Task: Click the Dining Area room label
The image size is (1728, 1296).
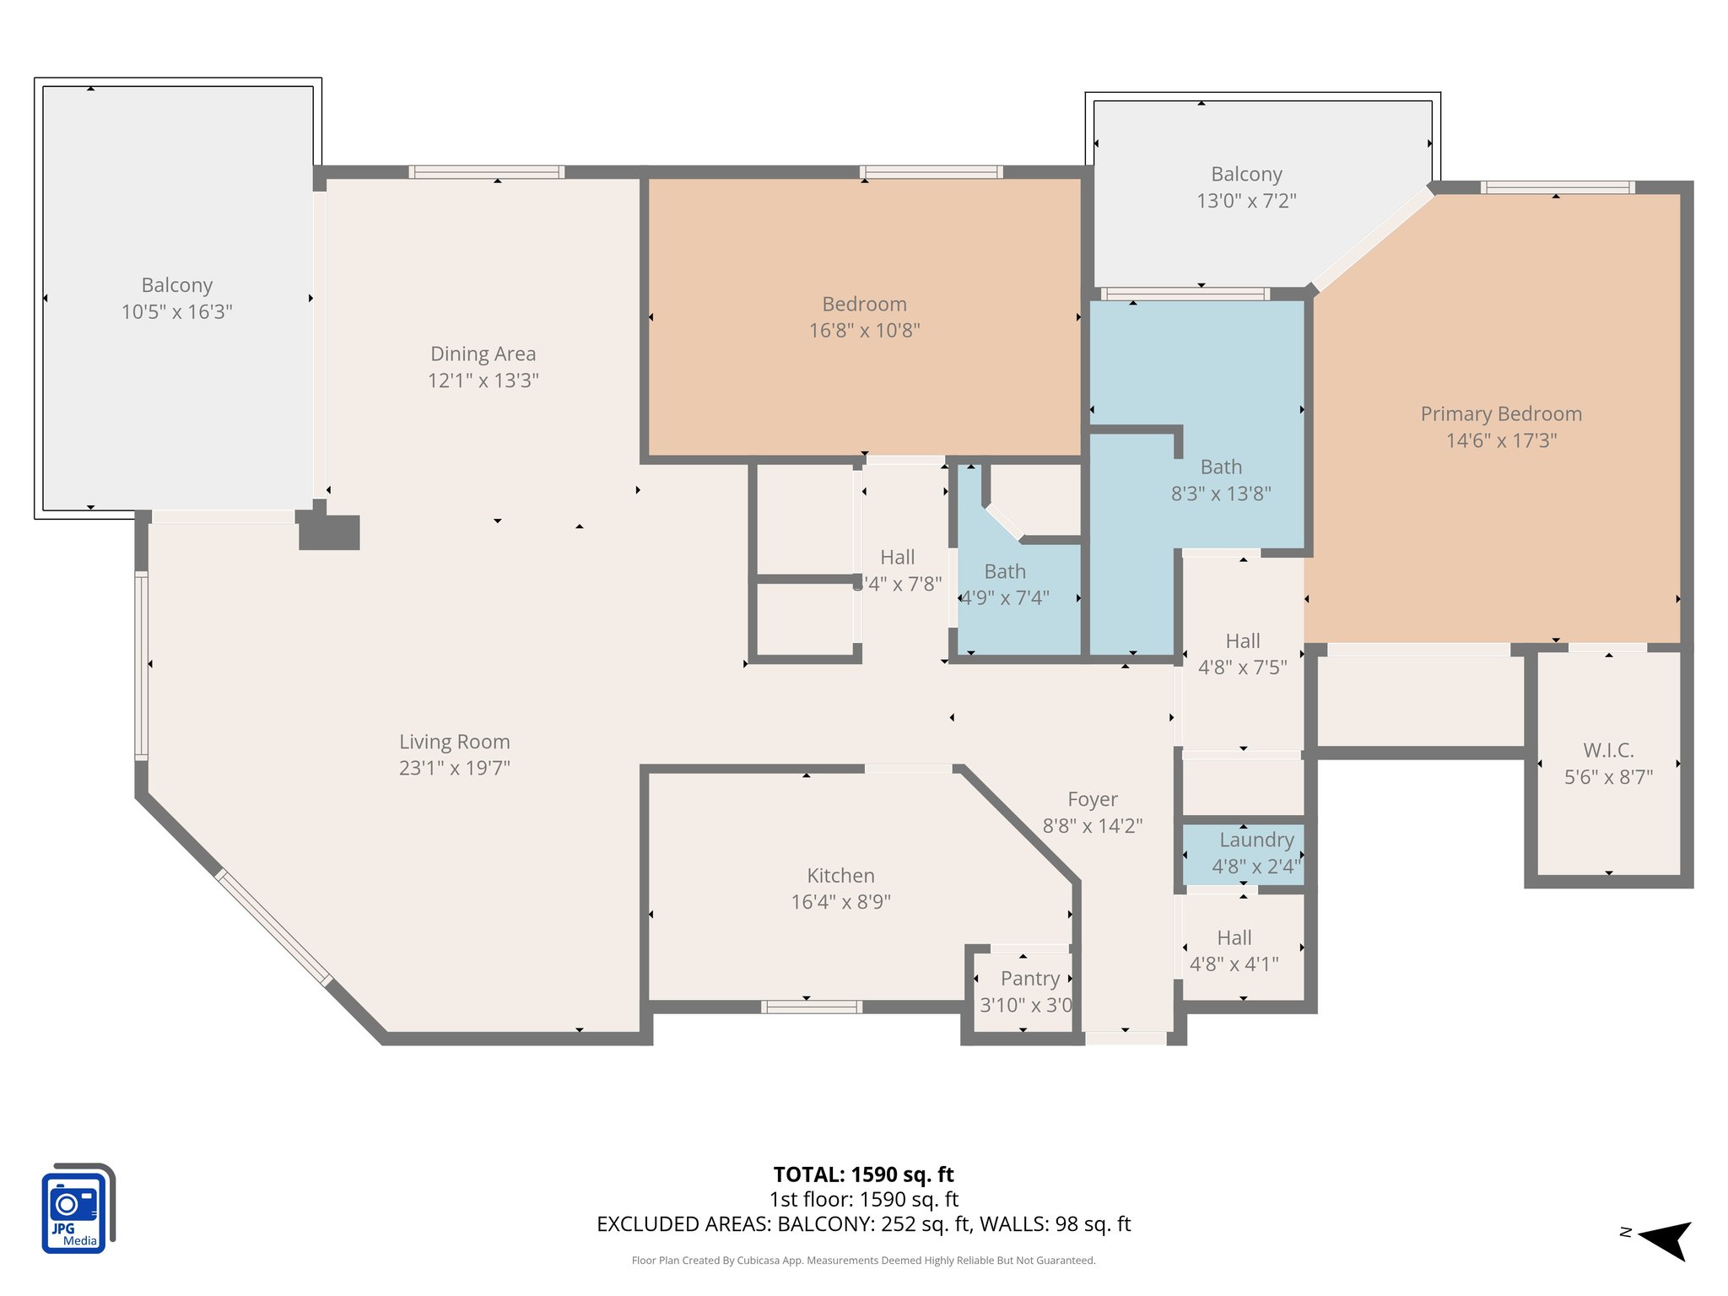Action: [483, 354]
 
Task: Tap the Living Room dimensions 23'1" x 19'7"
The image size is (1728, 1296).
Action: [454, 768]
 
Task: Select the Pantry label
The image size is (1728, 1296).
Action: [1029, 979]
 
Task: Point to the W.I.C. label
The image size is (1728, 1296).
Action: [1608, 750]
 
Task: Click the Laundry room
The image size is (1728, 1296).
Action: [1243, 854]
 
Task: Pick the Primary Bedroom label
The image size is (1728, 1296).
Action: [1501, 413]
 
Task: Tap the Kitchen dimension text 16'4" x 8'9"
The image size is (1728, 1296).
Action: [840, 902]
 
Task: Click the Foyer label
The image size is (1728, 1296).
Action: [1092, 799]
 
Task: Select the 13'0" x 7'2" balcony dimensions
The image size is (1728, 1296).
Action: [1246, 201]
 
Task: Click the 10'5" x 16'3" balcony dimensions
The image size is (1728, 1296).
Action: [176, 311]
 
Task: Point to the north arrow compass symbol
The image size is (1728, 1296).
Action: [1664, 1239]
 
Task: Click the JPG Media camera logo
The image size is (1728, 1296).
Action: [77, 1207]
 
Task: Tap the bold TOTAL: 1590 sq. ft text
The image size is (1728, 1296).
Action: [863, 1174]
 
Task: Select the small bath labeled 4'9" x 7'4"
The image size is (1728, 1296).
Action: [1005, 584]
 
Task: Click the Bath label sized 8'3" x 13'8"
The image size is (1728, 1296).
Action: [1220, 467]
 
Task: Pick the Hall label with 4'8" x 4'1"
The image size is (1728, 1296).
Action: [1234, 938]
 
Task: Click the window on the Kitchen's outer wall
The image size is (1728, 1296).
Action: [811, 1007]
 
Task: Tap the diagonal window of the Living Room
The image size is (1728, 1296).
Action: [273, 927]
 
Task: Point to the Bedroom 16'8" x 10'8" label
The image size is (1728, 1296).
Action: [864, 304]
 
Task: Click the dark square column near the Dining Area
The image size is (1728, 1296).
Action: [330, 532]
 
